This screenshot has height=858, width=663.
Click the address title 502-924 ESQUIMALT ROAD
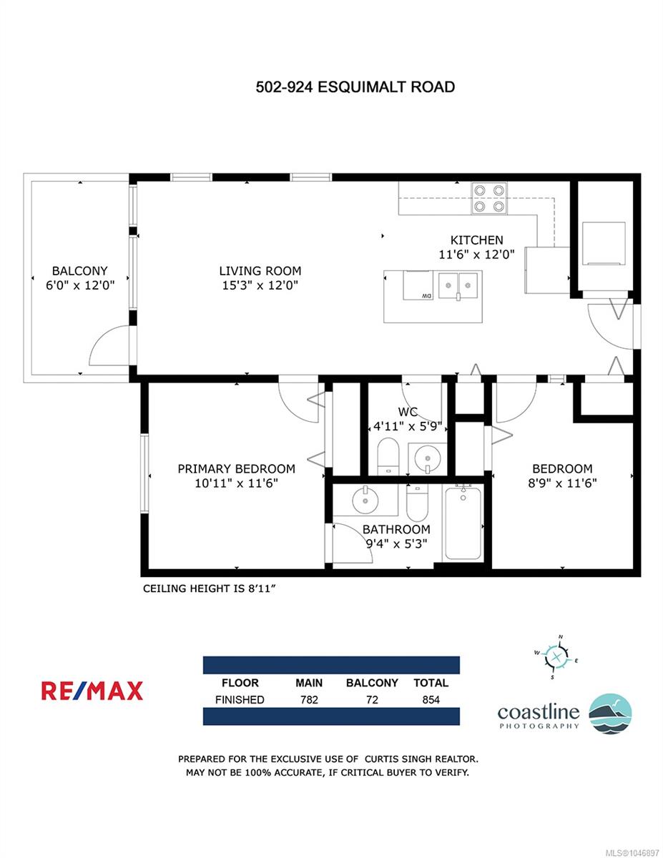(355, 87)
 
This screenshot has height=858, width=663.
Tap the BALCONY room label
(80, 271)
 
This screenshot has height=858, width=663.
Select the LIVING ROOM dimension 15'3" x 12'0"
(260, 285)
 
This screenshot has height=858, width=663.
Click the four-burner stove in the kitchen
(489, 198)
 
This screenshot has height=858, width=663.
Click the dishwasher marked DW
(418, 285)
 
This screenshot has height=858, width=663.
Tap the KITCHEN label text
(476, 240)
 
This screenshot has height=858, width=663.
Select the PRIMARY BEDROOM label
(236, 468)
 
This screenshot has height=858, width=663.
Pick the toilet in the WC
(388, 456)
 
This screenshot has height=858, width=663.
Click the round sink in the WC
(428, 458)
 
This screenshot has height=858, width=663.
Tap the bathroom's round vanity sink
(365, 500)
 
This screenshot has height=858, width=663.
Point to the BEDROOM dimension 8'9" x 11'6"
(562, 483)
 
